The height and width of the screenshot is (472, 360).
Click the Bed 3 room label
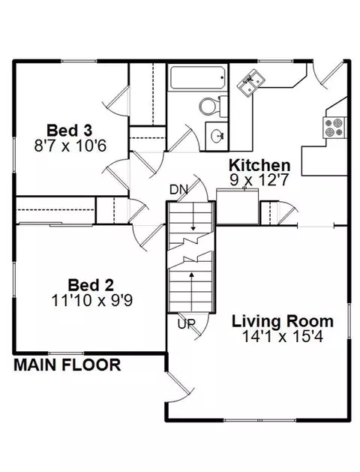coord(70,131)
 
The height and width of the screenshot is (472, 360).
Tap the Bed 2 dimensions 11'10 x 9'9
coord(92,300)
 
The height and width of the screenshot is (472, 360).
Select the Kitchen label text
coord(259,165)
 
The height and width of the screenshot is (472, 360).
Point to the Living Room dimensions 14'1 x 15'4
coord(283,336)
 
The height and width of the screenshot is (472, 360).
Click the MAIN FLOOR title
coord(67,365)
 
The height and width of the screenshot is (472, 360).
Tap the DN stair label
coord(178,190)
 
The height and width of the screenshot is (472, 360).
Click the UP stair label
coord(186,324)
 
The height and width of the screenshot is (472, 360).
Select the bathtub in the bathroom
coord(198,77)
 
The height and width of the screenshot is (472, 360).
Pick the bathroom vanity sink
coord(217,137)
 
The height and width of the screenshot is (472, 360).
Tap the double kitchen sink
coord(251,83)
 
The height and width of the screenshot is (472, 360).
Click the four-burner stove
coord(334,128)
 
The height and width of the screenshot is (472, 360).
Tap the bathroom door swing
coord(184,138)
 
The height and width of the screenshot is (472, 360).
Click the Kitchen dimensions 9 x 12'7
coord(259,180)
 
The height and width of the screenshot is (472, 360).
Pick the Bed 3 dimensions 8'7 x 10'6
coord(70,146)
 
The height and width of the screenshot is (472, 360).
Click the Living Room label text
coord(283,321)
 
